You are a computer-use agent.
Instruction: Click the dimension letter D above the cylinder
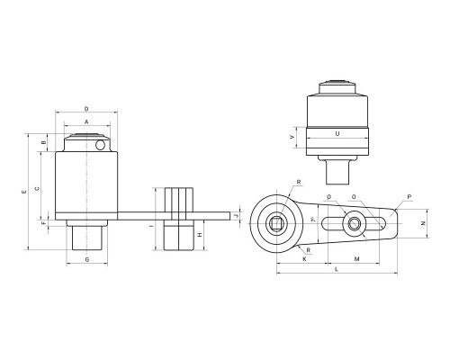pyautogui.click(x=86, y=109)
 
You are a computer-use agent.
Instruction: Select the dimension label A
pyautogui.click(x=86, y=121)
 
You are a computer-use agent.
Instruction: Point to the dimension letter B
pyautogui.click(x=43, y=142)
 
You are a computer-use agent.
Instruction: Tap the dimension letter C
pyautogui.click(x=37, y=188)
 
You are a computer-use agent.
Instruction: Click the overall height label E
pyautogui.click(x=24, y=192)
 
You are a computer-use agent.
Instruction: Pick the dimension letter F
pyautogui.click(x=43, y=223)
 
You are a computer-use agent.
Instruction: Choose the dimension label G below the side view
pyautogui.click(x=87, y=259)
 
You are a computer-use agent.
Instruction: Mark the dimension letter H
pyautogui.click(x=200, y=235)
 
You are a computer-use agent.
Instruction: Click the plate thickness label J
pyautogui.click(x=236, y=216)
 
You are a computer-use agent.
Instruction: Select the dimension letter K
pyautogui.click(x=304, y=259)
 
